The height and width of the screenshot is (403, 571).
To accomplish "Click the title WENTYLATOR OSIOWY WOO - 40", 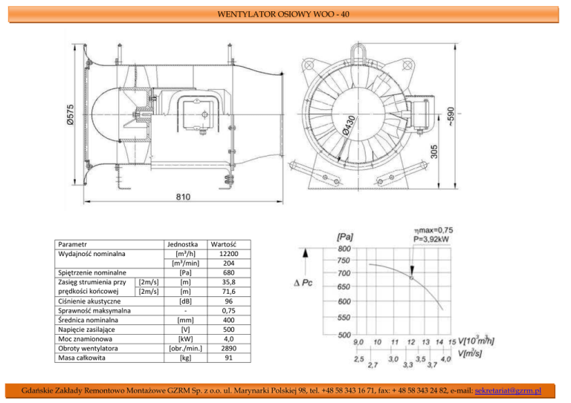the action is pos(283,14).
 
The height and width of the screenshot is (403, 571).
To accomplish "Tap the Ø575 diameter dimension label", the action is pos(71,115).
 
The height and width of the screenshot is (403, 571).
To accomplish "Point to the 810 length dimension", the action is pos(183,197).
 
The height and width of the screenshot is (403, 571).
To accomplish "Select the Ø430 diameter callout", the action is pos(349,125).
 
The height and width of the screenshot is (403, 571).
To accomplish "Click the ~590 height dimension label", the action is pos(451,117).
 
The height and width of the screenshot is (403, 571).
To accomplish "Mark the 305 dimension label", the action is pos(434,152).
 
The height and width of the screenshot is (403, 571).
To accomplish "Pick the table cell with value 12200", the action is pos(229,254).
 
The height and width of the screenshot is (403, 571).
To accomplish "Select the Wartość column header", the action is pos(224,245).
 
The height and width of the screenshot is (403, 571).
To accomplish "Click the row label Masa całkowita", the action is pos(82,358).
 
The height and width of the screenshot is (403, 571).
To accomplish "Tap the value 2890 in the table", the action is pos(229,349).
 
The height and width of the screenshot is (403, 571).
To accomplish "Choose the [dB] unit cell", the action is pos(185,301).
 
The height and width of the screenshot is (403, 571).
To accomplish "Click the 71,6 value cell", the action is pos(229,292).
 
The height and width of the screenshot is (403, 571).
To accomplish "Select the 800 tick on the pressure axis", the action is pos(344,249).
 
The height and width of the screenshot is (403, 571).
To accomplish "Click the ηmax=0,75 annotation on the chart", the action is pos(433,230).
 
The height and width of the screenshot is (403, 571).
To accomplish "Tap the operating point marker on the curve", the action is pos(412,278).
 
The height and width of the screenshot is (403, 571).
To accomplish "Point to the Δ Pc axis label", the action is pos(303,283).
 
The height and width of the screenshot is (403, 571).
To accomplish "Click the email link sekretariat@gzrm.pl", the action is pos(508,390).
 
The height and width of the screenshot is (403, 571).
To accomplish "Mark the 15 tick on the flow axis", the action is pos(452,342).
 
